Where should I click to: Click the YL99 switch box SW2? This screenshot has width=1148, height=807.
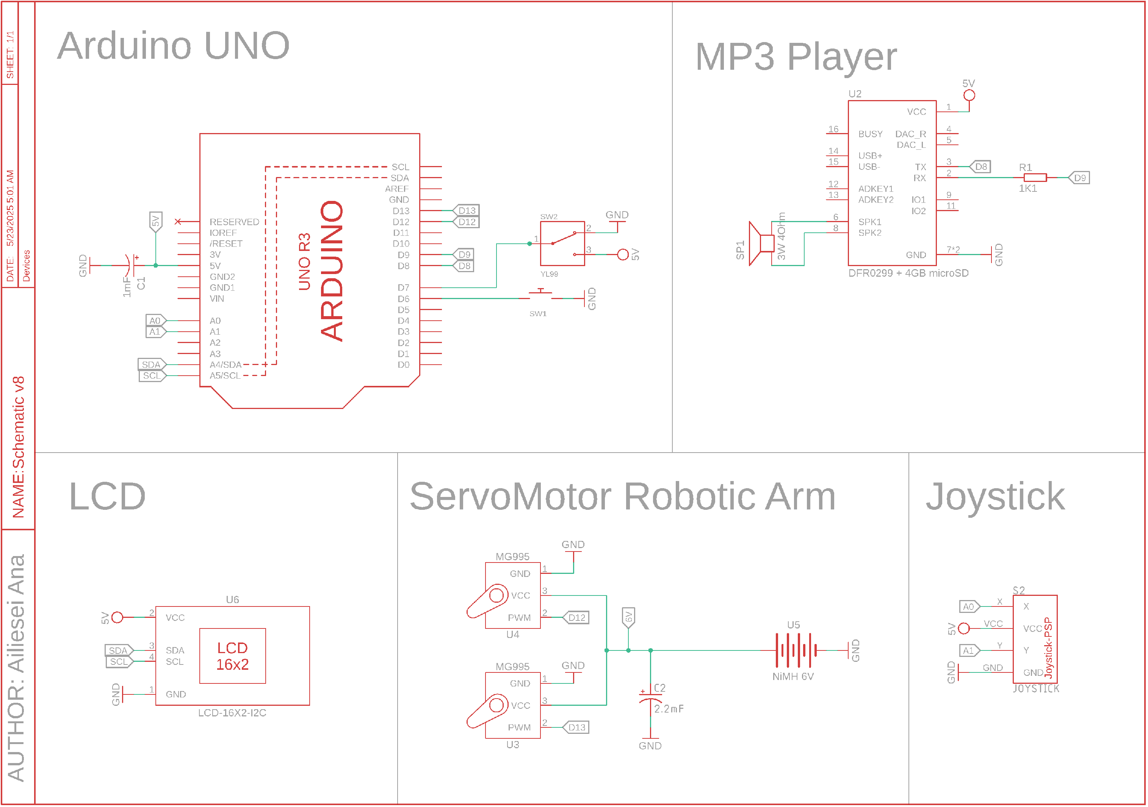pyautogui.click(x=563, y=243)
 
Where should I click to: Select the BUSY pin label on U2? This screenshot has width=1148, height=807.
pyautogui.click(x=871, y=134)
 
